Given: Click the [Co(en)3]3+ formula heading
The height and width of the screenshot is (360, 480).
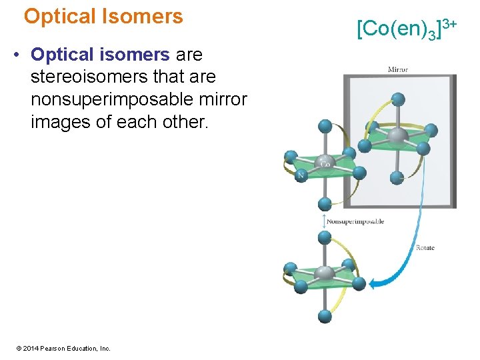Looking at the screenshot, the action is tap(406, 28).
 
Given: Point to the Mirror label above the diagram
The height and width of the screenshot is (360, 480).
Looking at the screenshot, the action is tap(398, 69).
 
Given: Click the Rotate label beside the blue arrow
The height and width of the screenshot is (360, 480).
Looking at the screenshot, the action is tap(425, 248).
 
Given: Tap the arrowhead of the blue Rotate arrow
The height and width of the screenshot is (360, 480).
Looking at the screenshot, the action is tap(374, 285).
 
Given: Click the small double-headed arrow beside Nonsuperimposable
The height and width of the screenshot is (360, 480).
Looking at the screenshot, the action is tap(325, 221).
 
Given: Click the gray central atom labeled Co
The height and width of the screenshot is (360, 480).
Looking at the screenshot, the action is tap(325, 163).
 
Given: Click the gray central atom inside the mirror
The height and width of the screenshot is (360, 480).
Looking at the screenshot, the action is tap(398, 137).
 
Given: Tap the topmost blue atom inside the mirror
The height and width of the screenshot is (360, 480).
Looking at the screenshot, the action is tap(398, 99).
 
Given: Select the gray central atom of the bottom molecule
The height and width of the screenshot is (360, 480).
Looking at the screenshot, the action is tap(325, 273).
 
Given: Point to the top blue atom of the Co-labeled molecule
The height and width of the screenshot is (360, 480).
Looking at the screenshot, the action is tap(325, 126).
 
